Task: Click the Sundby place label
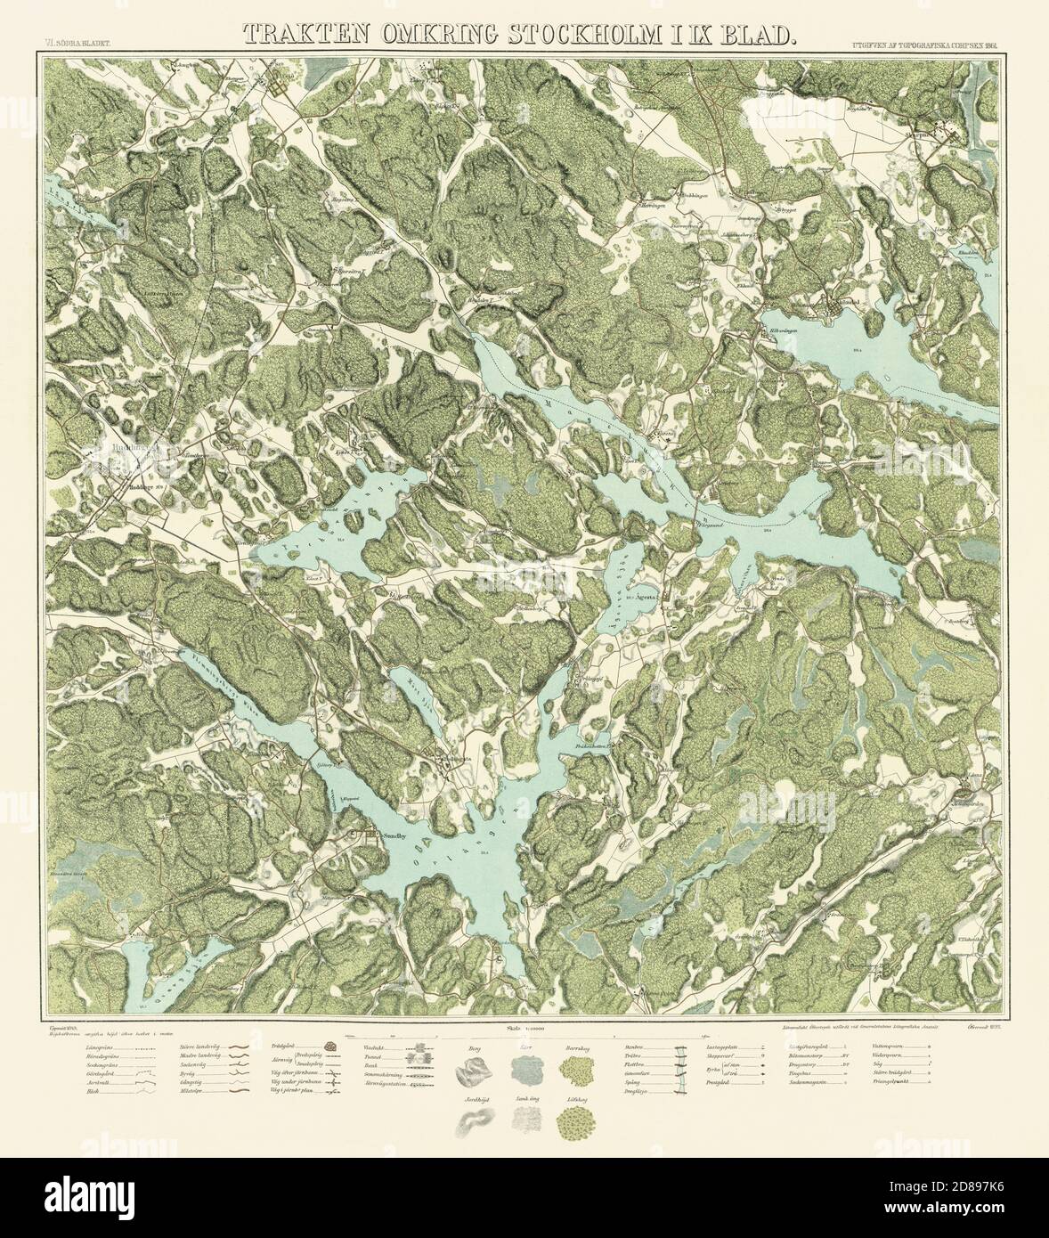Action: [x=394, y=836]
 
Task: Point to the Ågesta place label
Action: [x=643, y=598]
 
